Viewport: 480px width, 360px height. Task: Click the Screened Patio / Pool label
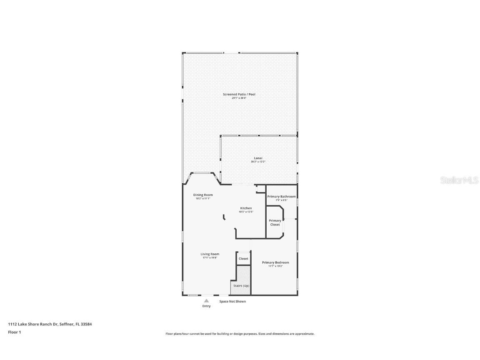(x=239, y=95)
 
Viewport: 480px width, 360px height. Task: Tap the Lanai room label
(x=258, y=158)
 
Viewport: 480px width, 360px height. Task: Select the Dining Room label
(x=203, y=195)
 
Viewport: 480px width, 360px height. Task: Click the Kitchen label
(x=246, y=208)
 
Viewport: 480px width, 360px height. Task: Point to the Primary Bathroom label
(x=282, y=197)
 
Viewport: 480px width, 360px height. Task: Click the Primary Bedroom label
(x=275, y=262)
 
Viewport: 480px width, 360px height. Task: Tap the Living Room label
(x=210, y=254)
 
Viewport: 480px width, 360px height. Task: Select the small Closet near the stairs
(x=243, y=259)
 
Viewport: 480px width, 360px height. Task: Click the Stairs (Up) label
(x=241, y=286)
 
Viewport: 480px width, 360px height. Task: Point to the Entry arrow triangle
(x=206, y=300)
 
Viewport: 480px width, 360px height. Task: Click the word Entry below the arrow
(x=206, y=306)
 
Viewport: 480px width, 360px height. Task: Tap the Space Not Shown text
(x=232, y=302)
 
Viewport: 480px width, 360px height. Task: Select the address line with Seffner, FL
(x=50, y=324)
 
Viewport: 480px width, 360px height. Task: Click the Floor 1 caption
(x=14, y=332)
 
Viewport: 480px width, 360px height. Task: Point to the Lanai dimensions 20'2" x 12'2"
(x=258, y=162)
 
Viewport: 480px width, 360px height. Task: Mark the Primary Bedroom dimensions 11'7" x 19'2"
(x=275, y=266)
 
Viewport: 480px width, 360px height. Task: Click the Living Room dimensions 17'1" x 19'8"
(x=210, y=257)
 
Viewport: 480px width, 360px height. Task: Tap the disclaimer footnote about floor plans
(x=240, y=334)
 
